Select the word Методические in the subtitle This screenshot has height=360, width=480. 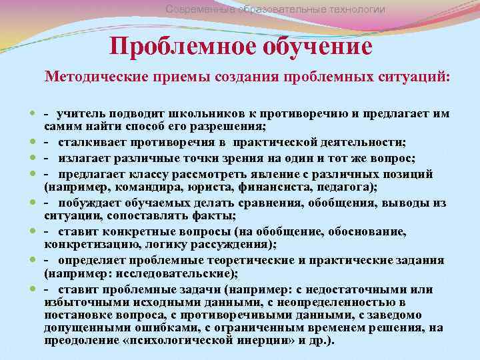pyautogui.click(x=95, y=77)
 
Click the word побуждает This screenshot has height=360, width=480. pyautogui.click(x=90, y=201)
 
